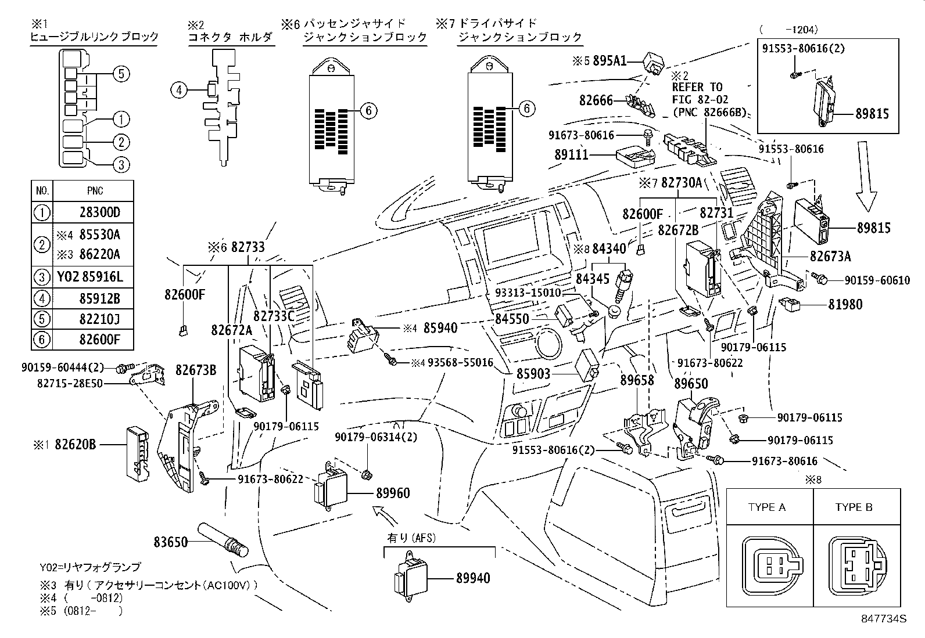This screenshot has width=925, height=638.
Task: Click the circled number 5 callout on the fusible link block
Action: [x=120, y=74]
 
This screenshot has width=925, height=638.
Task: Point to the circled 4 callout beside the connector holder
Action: [x=180, y=90]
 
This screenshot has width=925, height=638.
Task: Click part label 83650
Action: [x=171, y=542]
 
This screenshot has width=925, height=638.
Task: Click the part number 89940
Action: [x=472, y=578]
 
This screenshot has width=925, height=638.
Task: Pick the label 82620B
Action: [x=76, y=445]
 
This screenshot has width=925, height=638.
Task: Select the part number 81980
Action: [x=845, y=304]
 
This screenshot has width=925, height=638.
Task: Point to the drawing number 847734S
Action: [x=884, y=618]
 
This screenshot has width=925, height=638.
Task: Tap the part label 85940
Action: [x=440, y=328]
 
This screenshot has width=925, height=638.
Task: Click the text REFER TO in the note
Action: [x=697, y=87]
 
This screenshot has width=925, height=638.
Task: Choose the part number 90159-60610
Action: [x=877, y=280]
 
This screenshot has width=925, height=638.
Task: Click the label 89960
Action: [x=393, y=493]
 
